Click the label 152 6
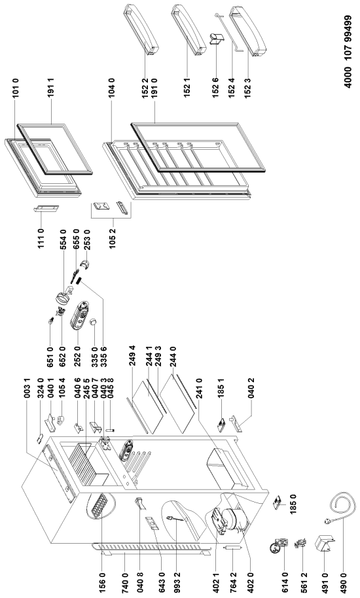(x=215, y=88)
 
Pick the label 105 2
(x=113, y=239)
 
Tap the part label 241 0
(x=198, y=388)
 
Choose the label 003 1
(x=27, y=388)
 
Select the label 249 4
(x=132, y=355)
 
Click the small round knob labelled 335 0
(x=93, y=323)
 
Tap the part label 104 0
(x=112, y=88)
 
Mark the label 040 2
(x=251, y=388)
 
